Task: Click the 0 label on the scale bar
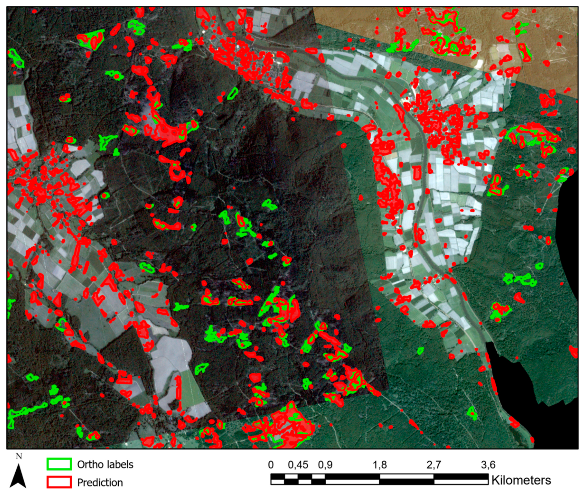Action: (271, 465)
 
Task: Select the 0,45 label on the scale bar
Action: (298, 465)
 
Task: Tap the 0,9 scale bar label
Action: (325, 465)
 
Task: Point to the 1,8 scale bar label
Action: (380, 465)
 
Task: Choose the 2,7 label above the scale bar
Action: (434, 465)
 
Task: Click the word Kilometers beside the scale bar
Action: (521, 480)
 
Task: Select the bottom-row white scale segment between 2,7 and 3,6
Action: (461, 482)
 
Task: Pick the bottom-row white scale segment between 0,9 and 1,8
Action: (352, 482)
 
